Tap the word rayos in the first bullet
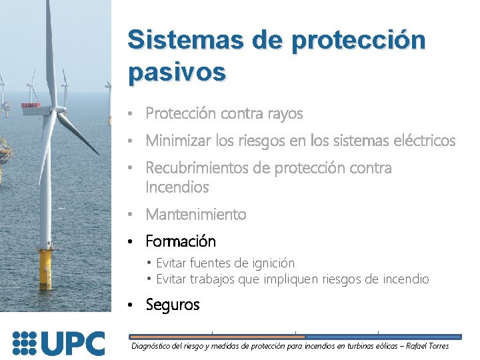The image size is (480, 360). click(x=283, y=114)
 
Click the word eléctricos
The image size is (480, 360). click(x=421, y=141)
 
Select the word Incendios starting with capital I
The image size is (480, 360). click(x=177, y=187)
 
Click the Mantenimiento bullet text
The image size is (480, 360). click(x=195, y=215)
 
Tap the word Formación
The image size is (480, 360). click(x=180, y=241)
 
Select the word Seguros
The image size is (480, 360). click(x=172, y=305)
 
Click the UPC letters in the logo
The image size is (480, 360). click(x=73, y=343)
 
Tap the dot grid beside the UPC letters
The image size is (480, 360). click(x=24, y=343)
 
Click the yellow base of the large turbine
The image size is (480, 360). click(x=45, y=269)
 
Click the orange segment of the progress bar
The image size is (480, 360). click(x=217, y=337)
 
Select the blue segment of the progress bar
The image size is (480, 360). click(x=383, y=337)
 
